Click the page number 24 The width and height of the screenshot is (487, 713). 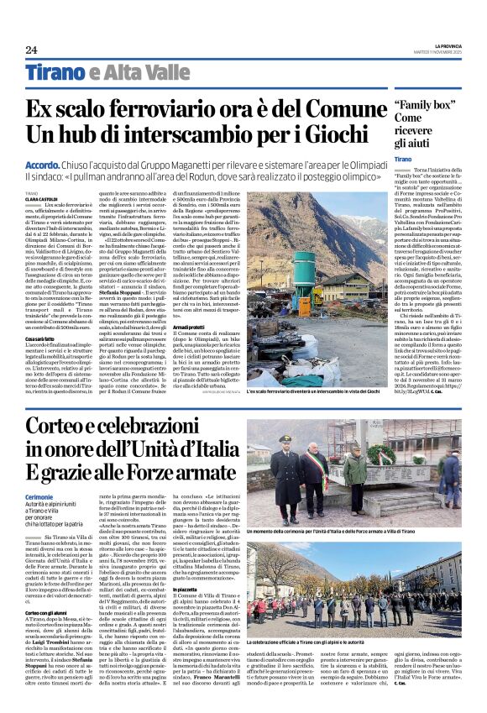click(32, 50)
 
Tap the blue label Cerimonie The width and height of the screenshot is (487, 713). click(40, 497)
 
